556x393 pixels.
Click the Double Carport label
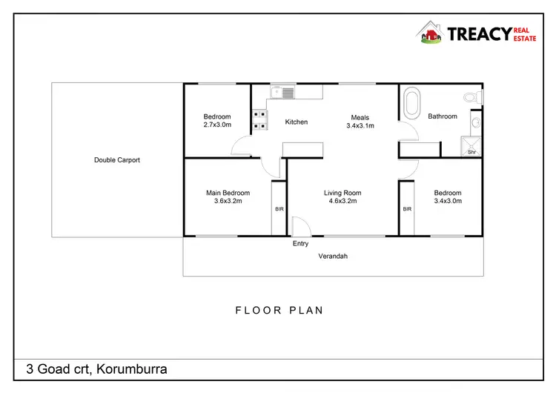pos(117,160)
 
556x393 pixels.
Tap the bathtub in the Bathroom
pos(411,104)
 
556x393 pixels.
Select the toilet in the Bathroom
pos(471,96)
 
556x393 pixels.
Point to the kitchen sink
pos(282,93)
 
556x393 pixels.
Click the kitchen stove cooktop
pos(259,120)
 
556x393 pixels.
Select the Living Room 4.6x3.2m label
pos(342,196)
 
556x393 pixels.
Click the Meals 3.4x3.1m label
pos(360,122)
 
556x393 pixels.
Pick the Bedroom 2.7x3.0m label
pos(217,121)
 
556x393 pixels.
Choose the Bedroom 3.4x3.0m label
pos(448,196)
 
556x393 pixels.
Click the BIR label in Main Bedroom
pos(279,210)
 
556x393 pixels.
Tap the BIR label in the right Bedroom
pos(407,210)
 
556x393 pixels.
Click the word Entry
pos(301,243)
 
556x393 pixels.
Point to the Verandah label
pos(333,257)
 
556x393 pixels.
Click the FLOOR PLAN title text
pos(279,311)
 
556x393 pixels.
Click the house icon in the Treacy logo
pos(429,33)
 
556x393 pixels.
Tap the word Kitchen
pos(297,122)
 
